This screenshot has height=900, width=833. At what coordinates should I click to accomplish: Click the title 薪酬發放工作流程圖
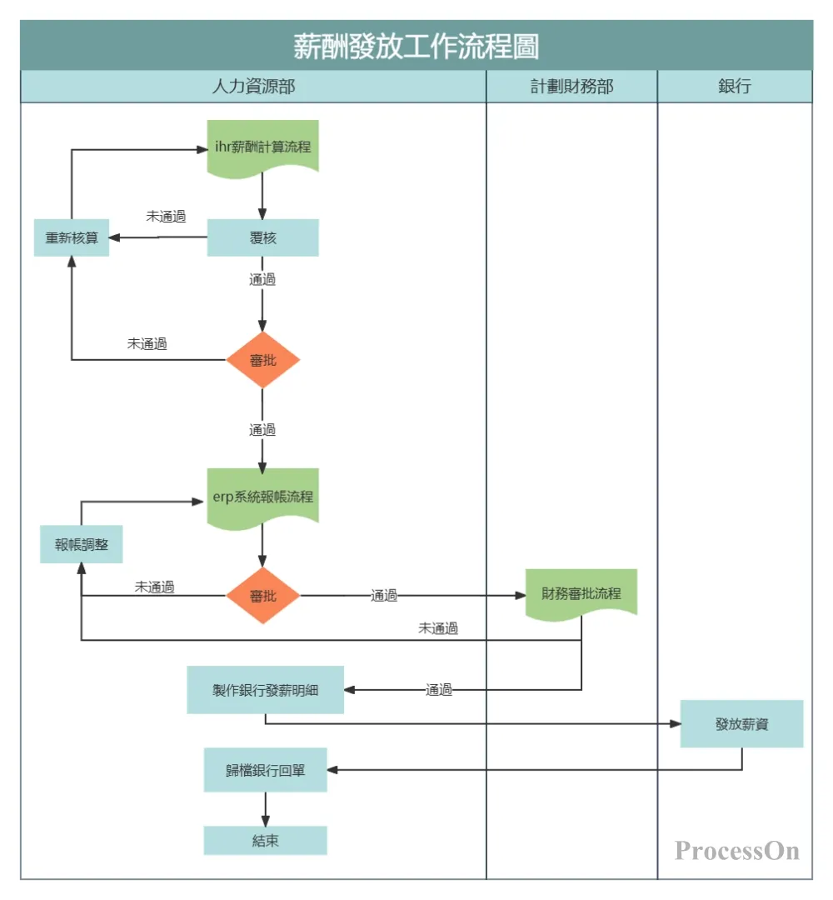[x=416, y=46]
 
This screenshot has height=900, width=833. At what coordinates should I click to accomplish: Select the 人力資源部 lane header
[x=253, y=87]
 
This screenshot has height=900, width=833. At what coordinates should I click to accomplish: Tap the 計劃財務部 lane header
[x=571, y=87]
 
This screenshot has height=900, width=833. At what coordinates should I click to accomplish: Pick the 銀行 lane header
[x=734, y=87]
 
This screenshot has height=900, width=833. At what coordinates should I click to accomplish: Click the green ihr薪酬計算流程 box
[x=262, y=147]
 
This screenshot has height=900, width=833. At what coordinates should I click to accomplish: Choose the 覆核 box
[x=262, y=237]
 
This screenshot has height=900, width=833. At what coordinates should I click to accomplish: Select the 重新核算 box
[x=72, y=237]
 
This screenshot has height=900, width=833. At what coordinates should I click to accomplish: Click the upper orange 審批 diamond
[x=262, y=360]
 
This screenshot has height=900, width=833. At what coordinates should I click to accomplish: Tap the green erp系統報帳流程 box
[x=262, y=497]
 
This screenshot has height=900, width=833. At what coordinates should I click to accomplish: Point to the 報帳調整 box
[x=82, y=544]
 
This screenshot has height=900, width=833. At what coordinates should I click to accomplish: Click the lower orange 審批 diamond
[x=262, y=596]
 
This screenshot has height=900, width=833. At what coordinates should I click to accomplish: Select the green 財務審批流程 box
[x=581, y=593]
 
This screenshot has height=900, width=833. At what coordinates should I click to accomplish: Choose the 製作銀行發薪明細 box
[x=265, y=690]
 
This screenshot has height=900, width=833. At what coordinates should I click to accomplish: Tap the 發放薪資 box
[x=741, y=723]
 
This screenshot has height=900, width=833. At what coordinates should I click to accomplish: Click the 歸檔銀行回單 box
[x=265, y=770]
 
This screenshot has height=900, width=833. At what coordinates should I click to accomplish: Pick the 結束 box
[x=265, y=840]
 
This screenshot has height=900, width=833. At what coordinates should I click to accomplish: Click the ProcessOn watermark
[x=736, y=851]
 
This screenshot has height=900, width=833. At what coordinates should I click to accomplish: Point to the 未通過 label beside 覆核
[x=166, y=216]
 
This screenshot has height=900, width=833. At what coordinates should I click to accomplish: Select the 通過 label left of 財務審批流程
[x=384, y=596]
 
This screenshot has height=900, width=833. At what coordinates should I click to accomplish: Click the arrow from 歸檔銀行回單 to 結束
[x=265, y=808]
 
